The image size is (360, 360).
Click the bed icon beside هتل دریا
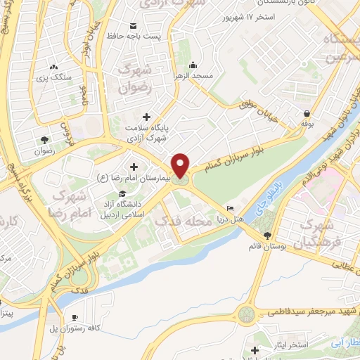coord(231,209)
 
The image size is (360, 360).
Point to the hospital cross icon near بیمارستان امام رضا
coord(134,167)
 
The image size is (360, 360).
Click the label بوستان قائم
coord(266,247)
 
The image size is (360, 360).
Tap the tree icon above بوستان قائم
coord(266,236)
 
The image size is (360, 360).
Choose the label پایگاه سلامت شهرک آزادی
coord(146,133)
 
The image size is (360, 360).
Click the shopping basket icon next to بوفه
coord(307,114)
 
